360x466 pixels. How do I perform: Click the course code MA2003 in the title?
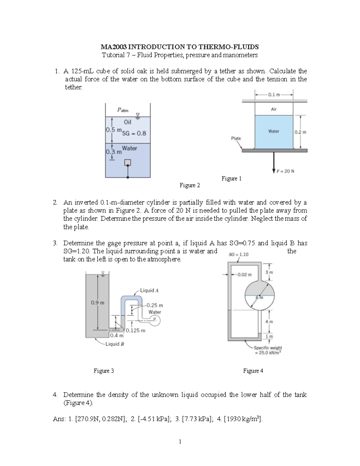click(x=114, y=47)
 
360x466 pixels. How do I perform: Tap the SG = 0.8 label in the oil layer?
click(x=134, y=134)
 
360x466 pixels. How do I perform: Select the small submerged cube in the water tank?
click(x=128, y=162)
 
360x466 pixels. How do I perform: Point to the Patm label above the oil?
click(x=122, y=110)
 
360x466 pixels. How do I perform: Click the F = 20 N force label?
click(x=285, y=171)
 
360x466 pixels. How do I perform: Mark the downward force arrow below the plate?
click(x=274, y=162)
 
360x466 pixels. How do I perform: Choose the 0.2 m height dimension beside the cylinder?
click(x=300, y=132)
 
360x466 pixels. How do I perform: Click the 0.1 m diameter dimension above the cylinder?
click(x=274, y=95)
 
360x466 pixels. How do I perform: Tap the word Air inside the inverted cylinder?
click(x=274, y=109)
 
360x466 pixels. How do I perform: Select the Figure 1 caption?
click(x=231, y=179)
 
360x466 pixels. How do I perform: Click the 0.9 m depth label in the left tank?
click(x=97, y=302)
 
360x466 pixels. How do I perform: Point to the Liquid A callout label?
click(x=149, y=290)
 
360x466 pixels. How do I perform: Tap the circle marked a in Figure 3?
click(x=155, y=321)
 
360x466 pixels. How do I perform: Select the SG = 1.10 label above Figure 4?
click(x=238, y=254)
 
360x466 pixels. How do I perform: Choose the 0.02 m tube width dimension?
click(x=244, y=274)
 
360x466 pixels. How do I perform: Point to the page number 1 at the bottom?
click(x=180, y=441)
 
